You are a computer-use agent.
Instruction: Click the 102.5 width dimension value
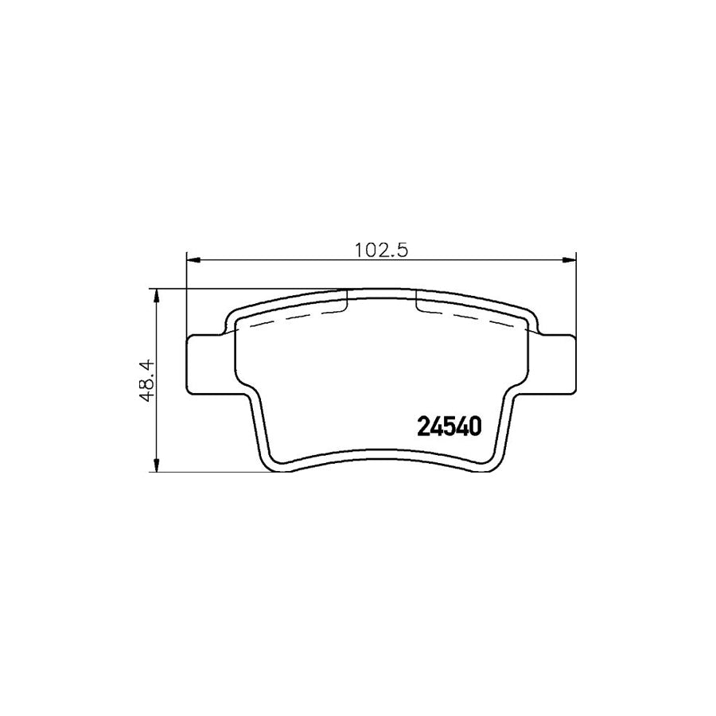[x=381, y=250]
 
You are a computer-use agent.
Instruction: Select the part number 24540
[x=449, y=428]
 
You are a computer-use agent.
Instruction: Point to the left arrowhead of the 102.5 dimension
[x=192, y=259]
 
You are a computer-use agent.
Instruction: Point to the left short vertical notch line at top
[x=348, y=301]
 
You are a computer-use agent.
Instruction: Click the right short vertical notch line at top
[x=417, y=301]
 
